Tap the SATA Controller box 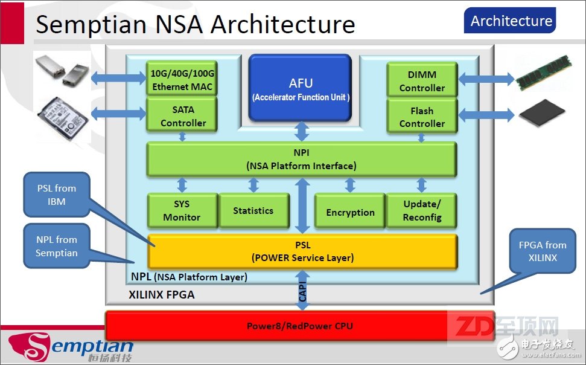(x=182, y=115)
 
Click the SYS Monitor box (x=182, y=210)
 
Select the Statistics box (x=254, y=210)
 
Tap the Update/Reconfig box (x=422, y=210)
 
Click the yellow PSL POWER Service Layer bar (x=302, y=251)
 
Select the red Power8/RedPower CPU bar (x=300, y=326)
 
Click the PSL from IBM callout (x=57, y=195)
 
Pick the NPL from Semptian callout (x=57, y=246)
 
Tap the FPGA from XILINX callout (x=543, y=251)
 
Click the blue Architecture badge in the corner (x=510, y=21)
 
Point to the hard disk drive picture (x=63, y=118)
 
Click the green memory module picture (x=544, y=73)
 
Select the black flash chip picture (x=542, y=112)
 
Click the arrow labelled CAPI (x=302, y=290)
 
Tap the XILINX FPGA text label (x=162, y=295)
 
